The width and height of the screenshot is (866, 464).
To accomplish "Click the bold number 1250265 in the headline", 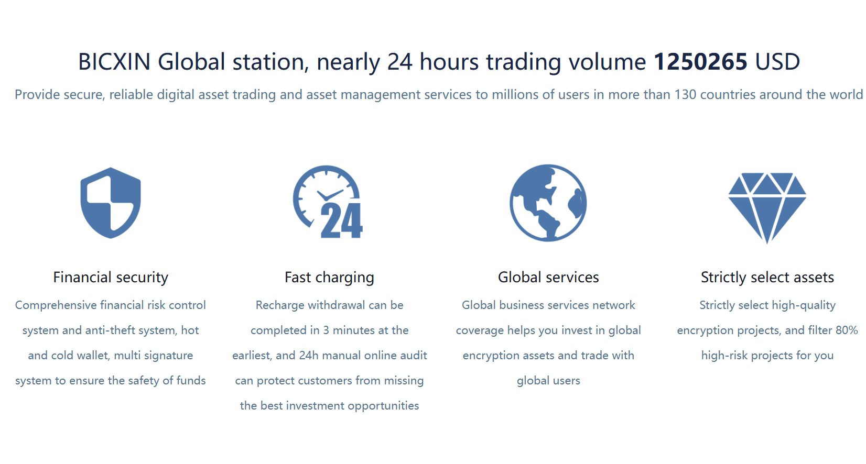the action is pyautogui.click(x=700, y=62).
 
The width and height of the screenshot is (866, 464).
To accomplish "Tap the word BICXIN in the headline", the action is pyautogui.click(x=114, y=62).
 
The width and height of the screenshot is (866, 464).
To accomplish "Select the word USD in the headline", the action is pyautogui.click(x=777, y=62).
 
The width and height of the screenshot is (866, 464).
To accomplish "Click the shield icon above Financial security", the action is pyautogui.click(x=111, y=203).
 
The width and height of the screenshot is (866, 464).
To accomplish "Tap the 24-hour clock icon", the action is pyautogui.click(x=328, y=202).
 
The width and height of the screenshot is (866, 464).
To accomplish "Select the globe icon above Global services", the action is pyautogui.click(x=548, y=203).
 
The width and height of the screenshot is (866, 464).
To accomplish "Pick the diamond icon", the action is pyautogui.click(x=767, y=208).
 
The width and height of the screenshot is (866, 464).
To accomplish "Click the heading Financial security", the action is pyautogui.click(x=111, y=278).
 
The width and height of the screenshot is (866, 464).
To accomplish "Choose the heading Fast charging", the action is pyautogui.click(x=329, y=278).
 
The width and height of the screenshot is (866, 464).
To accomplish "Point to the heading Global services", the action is pyautogui.click(x=548, y=278).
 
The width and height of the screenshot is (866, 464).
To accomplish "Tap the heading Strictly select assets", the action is pyautogui.click(x=767, y=278).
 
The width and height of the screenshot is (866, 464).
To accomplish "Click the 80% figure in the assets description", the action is pyautogui.click(x=847, y=330).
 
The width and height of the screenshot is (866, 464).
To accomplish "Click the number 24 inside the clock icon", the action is pyautogui.click(x=342, y=220).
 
